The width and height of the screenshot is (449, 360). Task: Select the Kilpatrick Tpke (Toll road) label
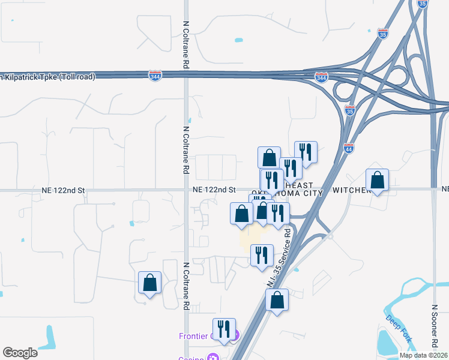pyautogui.click(x=48, y=77)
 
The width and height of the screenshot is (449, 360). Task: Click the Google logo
pyautogui.click(x=20, y=352)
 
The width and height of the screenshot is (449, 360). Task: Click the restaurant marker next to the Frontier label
pyautogui.click(x=224, y=329)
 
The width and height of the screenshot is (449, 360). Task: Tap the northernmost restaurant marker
pyautogui.click(x=306, y=153)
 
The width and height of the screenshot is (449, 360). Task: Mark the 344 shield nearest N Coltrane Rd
pyautogui.click(x=155, y=76)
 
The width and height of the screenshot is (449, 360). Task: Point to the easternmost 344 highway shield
pyautogui.click(x=321, y=77)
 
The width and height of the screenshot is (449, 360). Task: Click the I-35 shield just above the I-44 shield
pyautogui.click(x=350, y=110)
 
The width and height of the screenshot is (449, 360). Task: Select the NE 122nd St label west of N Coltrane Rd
pyautogui.click(x=64, y=190)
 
